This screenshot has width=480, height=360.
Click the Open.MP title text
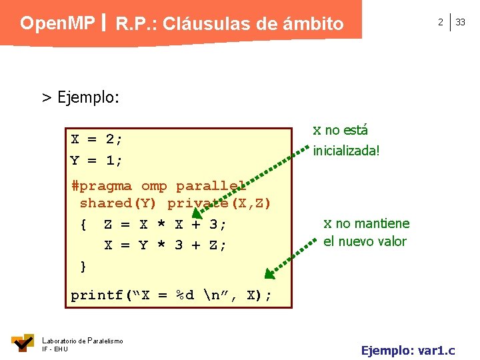coord(57,23)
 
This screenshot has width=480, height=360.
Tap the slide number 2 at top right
coord(440,22)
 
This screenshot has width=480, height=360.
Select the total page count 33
coord(460,22)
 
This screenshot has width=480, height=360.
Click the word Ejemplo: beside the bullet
coord(89,97)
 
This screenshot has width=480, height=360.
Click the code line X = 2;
coord(97,139)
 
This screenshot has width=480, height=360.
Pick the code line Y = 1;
coord(97,161)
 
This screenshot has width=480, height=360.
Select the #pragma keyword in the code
coord(101,186)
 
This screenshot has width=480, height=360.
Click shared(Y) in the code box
coord(119,203)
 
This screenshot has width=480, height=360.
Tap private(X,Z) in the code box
coord(219,203)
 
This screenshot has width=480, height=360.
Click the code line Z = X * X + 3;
coord(165,225)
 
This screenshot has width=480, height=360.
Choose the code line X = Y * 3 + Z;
coord(165,245)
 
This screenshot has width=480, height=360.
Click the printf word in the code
coord(97,295)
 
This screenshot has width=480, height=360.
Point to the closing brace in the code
coord(83,267)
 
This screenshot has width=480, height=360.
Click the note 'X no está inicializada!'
coord(346,140)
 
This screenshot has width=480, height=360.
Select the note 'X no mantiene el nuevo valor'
coord(366,232)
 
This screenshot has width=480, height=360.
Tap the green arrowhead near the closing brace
coord(269,273)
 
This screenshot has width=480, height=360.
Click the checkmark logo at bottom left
coord(23,343)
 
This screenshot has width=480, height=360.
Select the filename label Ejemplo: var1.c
coord(408,349)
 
